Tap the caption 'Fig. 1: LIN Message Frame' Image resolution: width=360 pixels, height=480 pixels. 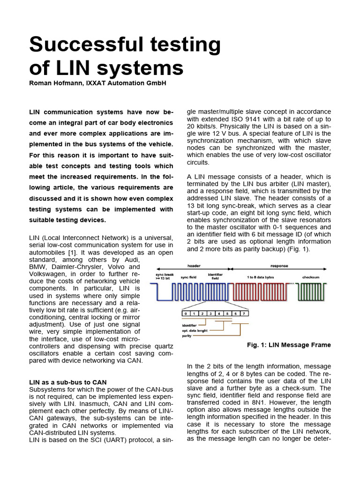[x=289, y=345]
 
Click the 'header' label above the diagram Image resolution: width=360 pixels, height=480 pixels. [x=194, y=266]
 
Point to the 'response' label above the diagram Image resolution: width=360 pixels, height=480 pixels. [x=279, y=266]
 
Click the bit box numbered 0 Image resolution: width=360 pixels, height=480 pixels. [x=186, y=313]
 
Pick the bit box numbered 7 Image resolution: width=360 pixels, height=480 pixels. [x=244, y=313]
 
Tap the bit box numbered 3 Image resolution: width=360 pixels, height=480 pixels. [x=210, y=313]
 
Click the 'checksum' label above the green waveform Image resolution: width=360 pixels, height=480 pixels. [x=311, y=277]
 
